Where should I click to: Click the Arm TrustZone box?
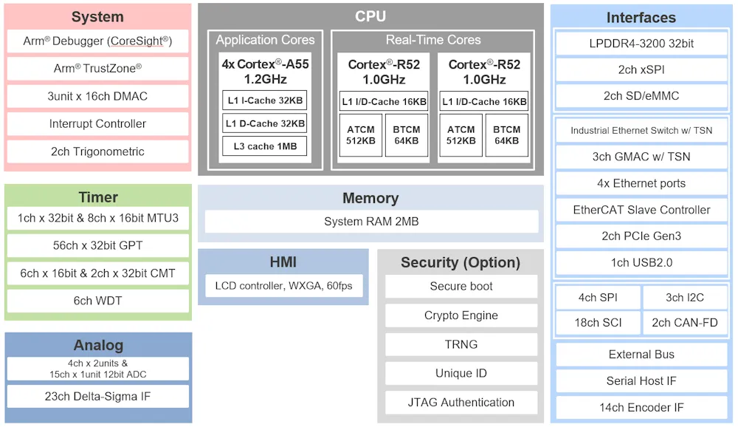98,69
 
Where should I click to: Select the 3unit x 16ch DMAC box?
98,96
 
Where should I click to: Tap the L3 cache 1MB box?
265,146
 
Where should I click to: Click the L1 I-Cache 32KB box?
265,100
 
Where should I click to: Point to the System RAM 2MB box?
371,222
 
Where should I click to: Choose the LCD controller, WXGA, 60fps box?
284,286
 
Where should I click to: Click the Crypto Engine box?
461,315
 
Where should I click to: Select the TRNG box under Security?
461,344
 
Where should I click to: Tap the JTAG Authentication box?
461,403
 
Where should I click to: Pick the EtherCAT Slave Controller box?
641,210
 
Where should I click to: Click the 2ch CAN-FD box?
685,322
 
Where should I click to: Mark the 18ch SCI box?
599,322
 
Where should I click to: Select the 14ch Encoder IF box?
641,407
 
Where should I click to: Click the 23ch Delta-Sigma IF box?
98,397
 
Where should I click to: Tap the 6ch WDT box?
98,301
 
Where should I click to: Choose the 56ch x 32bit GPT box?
98,245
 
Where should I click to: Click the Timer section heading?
98,197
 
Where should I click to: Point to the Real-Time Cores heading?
433,40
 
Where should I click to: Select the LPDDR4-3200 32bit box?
641,44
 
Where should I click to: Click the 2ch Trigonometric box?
98,151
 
